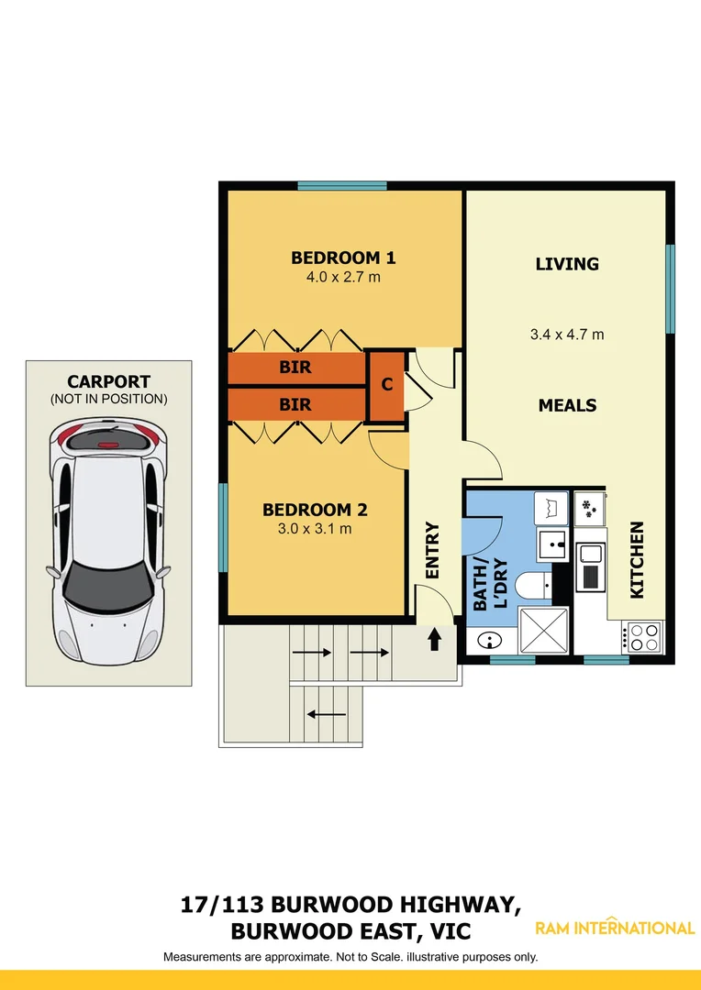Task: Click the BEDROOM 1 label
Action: [x=343, y=258]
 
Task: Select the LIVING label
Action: [x=567, y=264]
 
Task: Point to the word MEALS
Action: [x=567, y=405]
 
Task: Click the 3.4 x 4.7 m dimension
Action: [x=567, y=335]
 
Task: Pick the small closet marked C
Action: [x=387, y=385]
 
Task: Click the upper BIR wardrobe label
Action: [x=295, y=368]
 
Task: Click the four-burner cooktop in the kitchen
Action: [x=642, y=634]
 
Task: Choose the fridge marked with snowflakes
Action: [x=588, y=508]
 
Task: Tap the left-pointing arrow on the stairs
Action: [x=325, y=714]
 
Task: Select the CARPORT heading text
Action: [x=108, y=382]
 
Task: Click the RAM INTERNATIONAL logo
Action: [x=615, y=928]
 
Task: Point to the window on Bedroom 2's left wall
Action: [x=223, y=527]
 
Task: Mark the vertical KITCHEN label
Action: [x=637, y=560]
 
